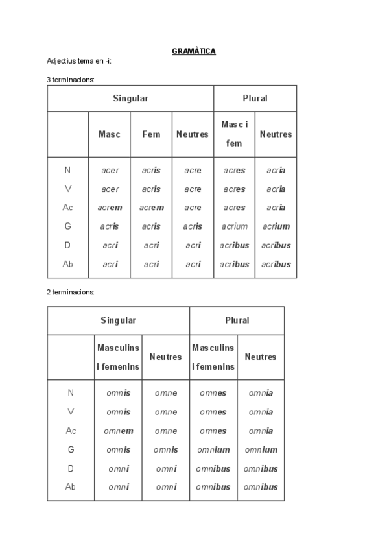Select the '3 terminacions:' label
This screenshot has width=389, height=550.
click(71, 79)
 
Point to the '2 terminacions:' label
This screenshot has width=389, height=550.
click(71, 292)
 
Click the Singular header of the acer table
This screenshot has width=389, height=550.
click(130, 98)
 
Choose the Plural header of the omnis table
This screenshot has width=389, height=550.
click(237, 320)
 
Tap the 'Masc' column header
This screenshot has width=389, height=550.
click(110, 134)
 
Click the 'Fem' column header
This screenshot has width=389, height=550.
click(151, 134)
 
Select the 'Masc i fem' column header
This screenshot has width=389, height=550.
click(234, 134)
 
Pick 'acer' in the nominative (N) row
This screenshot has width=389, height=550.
click(110, 171)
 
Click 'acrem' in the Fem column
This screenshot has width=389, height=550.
click(151, 208)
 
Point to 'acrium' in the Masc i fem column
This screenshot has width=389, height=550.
click(234, 226)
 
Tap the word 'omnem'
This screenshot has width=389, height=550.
click(119, 431)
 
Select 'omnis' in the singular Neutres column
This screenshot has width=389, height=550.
click(165, 449)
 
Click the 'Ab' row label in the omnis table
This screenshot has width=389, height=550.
click(71, 487)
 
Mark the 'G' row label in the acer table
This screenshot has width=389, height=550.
click(67, 226)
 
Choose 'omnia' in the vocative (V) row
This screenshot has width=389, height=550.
click(261, 412)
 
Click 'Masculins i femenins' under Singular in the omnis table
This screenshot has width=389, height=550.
click(118, 357)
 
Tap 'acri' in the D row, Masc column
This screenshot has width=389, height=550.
click(110, 245)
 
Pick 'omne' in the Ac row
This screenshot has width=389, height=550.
click(165, 431)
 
